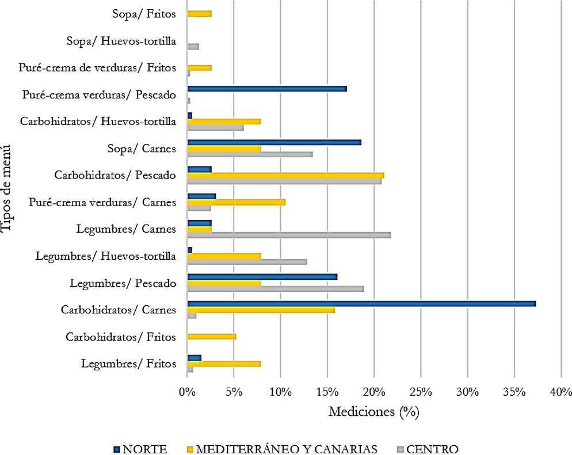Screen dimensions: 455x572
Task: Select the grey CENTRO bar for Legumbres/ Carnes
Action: point(289,235)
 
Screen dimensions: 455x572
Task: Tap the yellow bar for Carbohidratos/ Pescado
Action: point(285,175)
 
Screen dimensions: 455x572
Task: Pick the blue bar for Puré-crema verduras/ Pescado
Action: point(267,88)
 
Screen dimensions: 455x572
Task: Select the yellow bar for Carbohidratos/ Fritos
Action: point(211,336)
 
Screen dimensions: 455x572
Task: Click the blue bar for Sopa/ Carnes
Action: point(274,142)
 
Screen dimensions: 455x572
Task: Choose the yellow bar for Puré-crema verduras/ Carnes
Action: point(236,202)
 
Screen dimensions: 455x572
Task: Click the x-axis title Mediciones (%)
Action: point(373,412)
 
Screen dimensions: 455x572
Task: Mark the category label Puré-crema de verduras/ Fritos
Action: point(97,67)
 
